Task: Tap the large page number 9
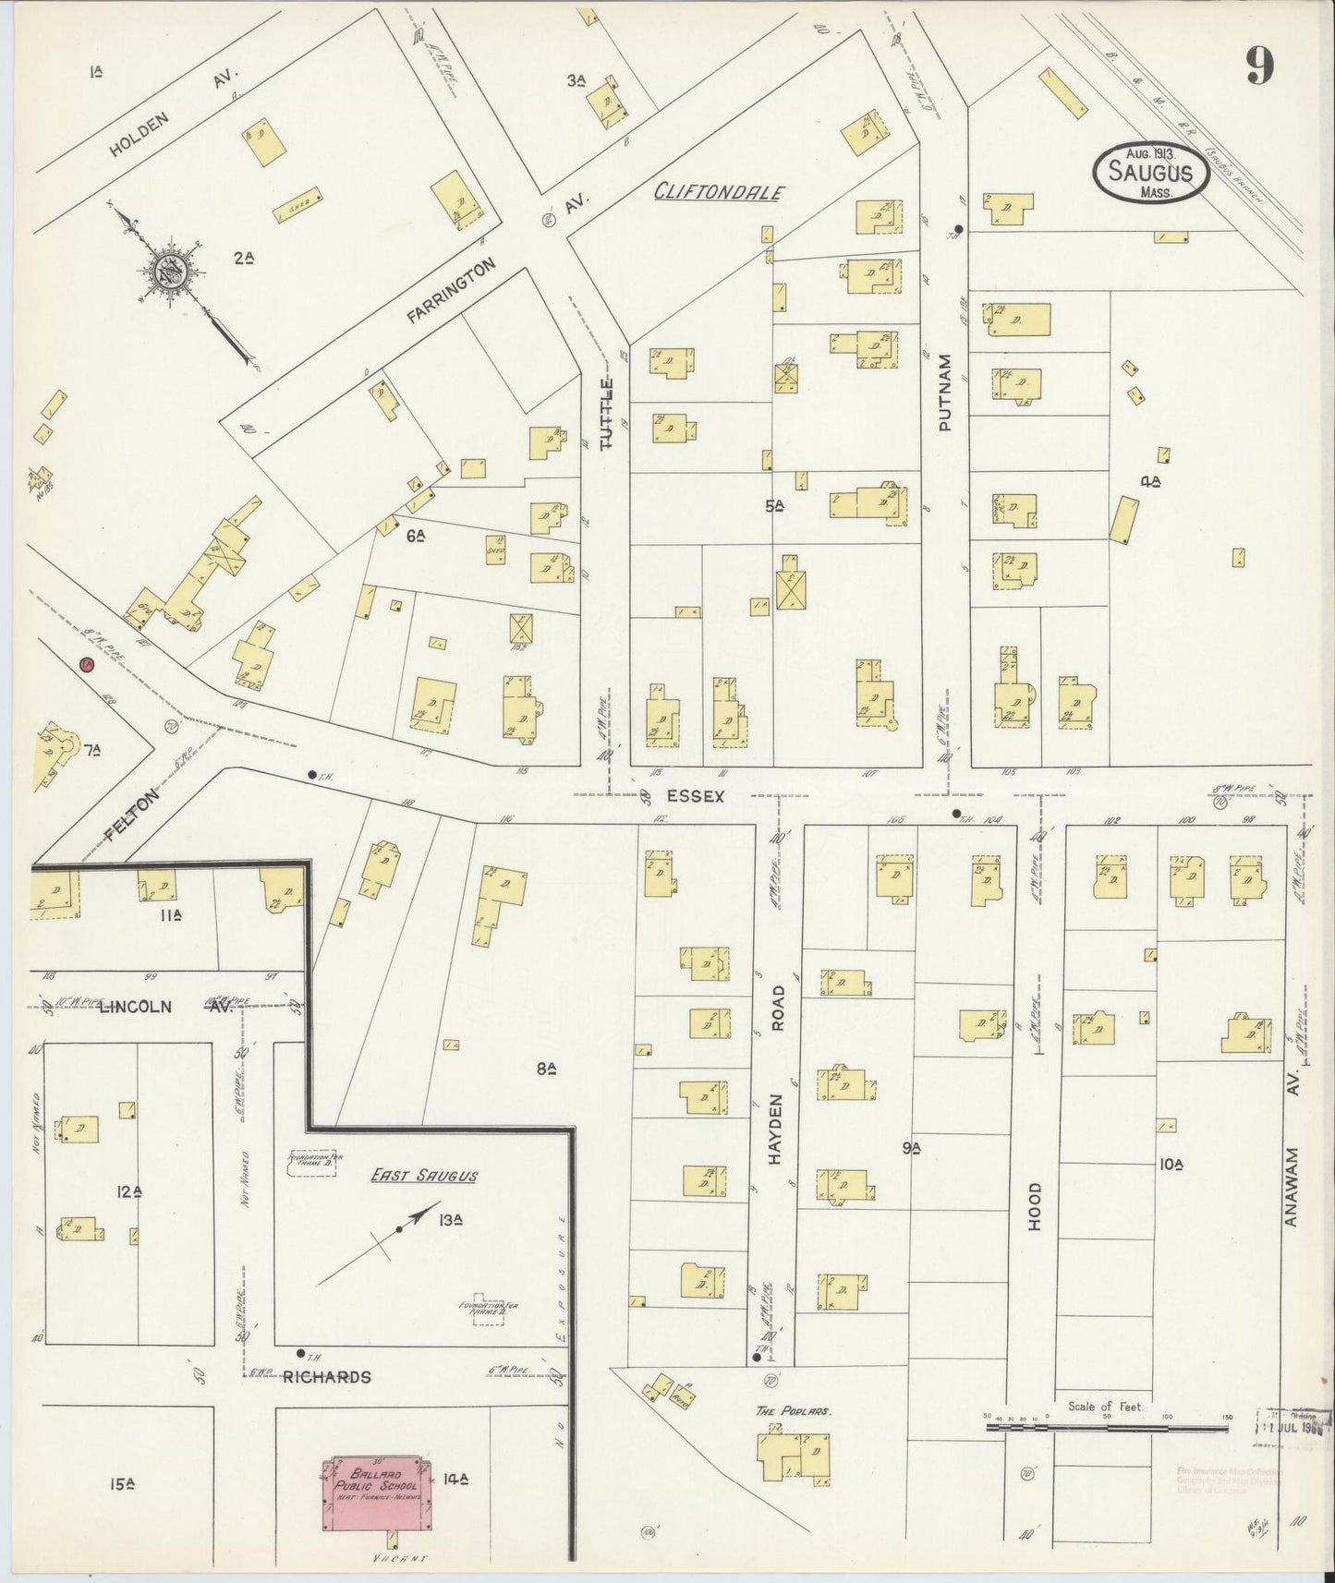coord(1260,65)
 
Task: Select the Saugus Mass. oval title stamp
coord(1150,173)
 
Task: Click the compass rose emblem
coord(171,269)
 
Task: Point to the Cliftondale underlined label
coord(720,192)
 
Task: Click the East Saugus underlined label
coord(424,1176)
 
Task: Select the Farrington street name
coord(451,291)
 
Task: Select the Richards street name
coord(327,1376)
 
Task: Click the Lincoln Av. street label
coord(136,1006)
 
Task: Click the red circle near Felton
coord(86,663)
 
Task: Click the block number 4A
coord(1149,480)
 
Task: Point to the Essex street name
coord(696,794)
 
